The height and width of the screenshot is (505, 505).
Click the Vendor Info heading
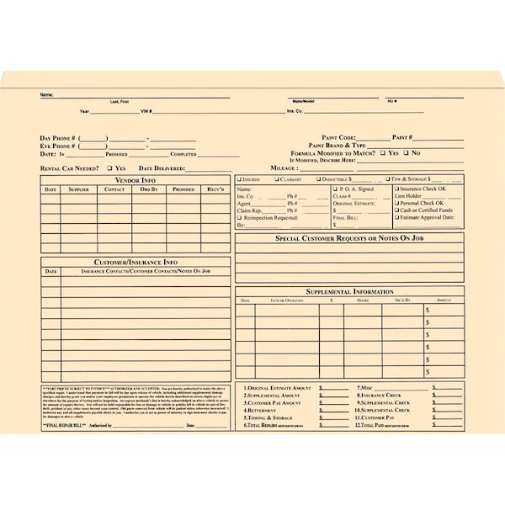pyautogui.click(x=136, y=180)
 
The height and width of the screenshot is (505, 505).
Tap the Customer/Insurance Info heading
pyautogui.click(x=136, y=262)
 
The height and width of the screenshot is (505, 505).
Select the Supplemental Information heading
pyautogui.click(x=349, y=291)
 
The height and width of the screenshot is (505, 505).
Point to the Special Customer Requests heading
pyautogui.click(x=349, y=238)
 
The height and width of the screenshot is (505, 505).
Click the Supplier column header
pyautogui.click(x=78, y=189)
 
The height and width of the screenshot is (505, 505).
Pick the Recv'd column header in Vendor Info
pyautogui.click(x=215, y=189)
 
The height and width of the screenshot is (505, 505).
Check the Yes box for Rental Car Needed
pyautogui.click(x=110, y=168)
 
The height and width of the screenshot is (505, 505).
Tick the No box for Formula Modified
pyautogui.click(x=405, y=153)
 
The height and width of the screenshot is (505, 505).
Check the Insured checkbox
pyautogui.click(x=239, y=179)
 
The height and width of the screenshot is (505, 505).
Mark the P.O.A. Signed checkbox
pyautogui.click(x=335, y=189)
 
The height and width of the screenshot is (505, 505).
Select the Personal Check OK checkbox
pyautogui.click(x=397, y=203)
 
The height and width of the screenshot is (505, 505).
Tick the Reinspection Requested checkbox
pyautogui.click(x=239, y=217)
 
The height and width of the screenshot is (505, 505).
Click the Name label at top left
pyautogui.click(x=46, y=94)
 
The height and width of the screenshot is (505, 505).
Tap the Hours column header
pyautogui.click(x=363, y=300)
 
